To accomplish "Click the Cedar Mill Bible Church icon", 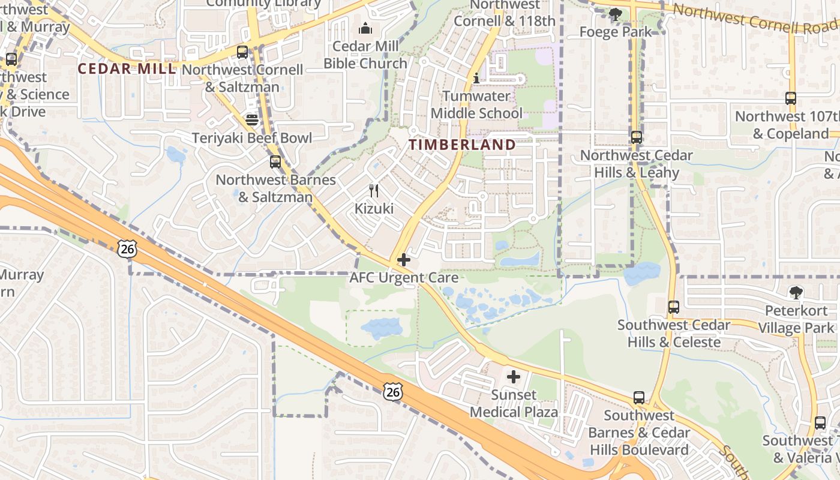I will pos(365,28).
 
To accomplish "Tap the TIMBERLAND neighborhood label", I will pos(462,145).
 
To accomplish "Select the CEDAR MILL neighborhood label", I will pos(127,68).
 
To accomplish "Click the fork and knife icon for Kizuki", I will pos(374,191).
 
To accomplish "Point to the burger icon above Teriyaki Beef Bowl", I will pos(252,119).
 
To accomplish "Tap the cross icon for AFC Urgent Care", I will pos(404,260).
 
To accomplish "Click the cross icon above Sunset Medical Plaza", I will pos(514,377).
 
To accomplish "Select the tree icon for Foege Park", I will pos(615,14).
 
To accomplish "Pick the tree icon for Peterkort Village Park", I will pos(796,293).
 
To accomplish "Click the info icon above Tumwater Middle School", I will pos(476,78).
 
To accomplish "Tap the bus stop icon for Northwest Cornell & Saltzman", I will pos(242,52).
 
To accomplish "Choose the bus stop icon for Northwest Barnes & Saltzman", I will pos(275,162).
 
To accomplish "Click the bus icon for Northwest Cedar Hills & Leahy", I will pos(637,137).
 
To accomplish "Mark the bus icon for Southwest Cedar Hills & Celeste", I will pos(674,307).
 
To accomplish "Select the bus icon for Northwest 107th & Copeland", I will pos(791,98).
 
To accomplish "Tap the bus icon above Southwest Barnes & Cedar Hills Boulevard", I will pos(639,398).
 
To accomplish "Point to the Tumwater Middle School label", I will pos(476,104).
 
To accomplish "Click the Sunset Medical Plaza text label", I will pos(514,403).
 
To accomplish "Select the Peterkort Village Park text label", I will pos(796,319).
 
